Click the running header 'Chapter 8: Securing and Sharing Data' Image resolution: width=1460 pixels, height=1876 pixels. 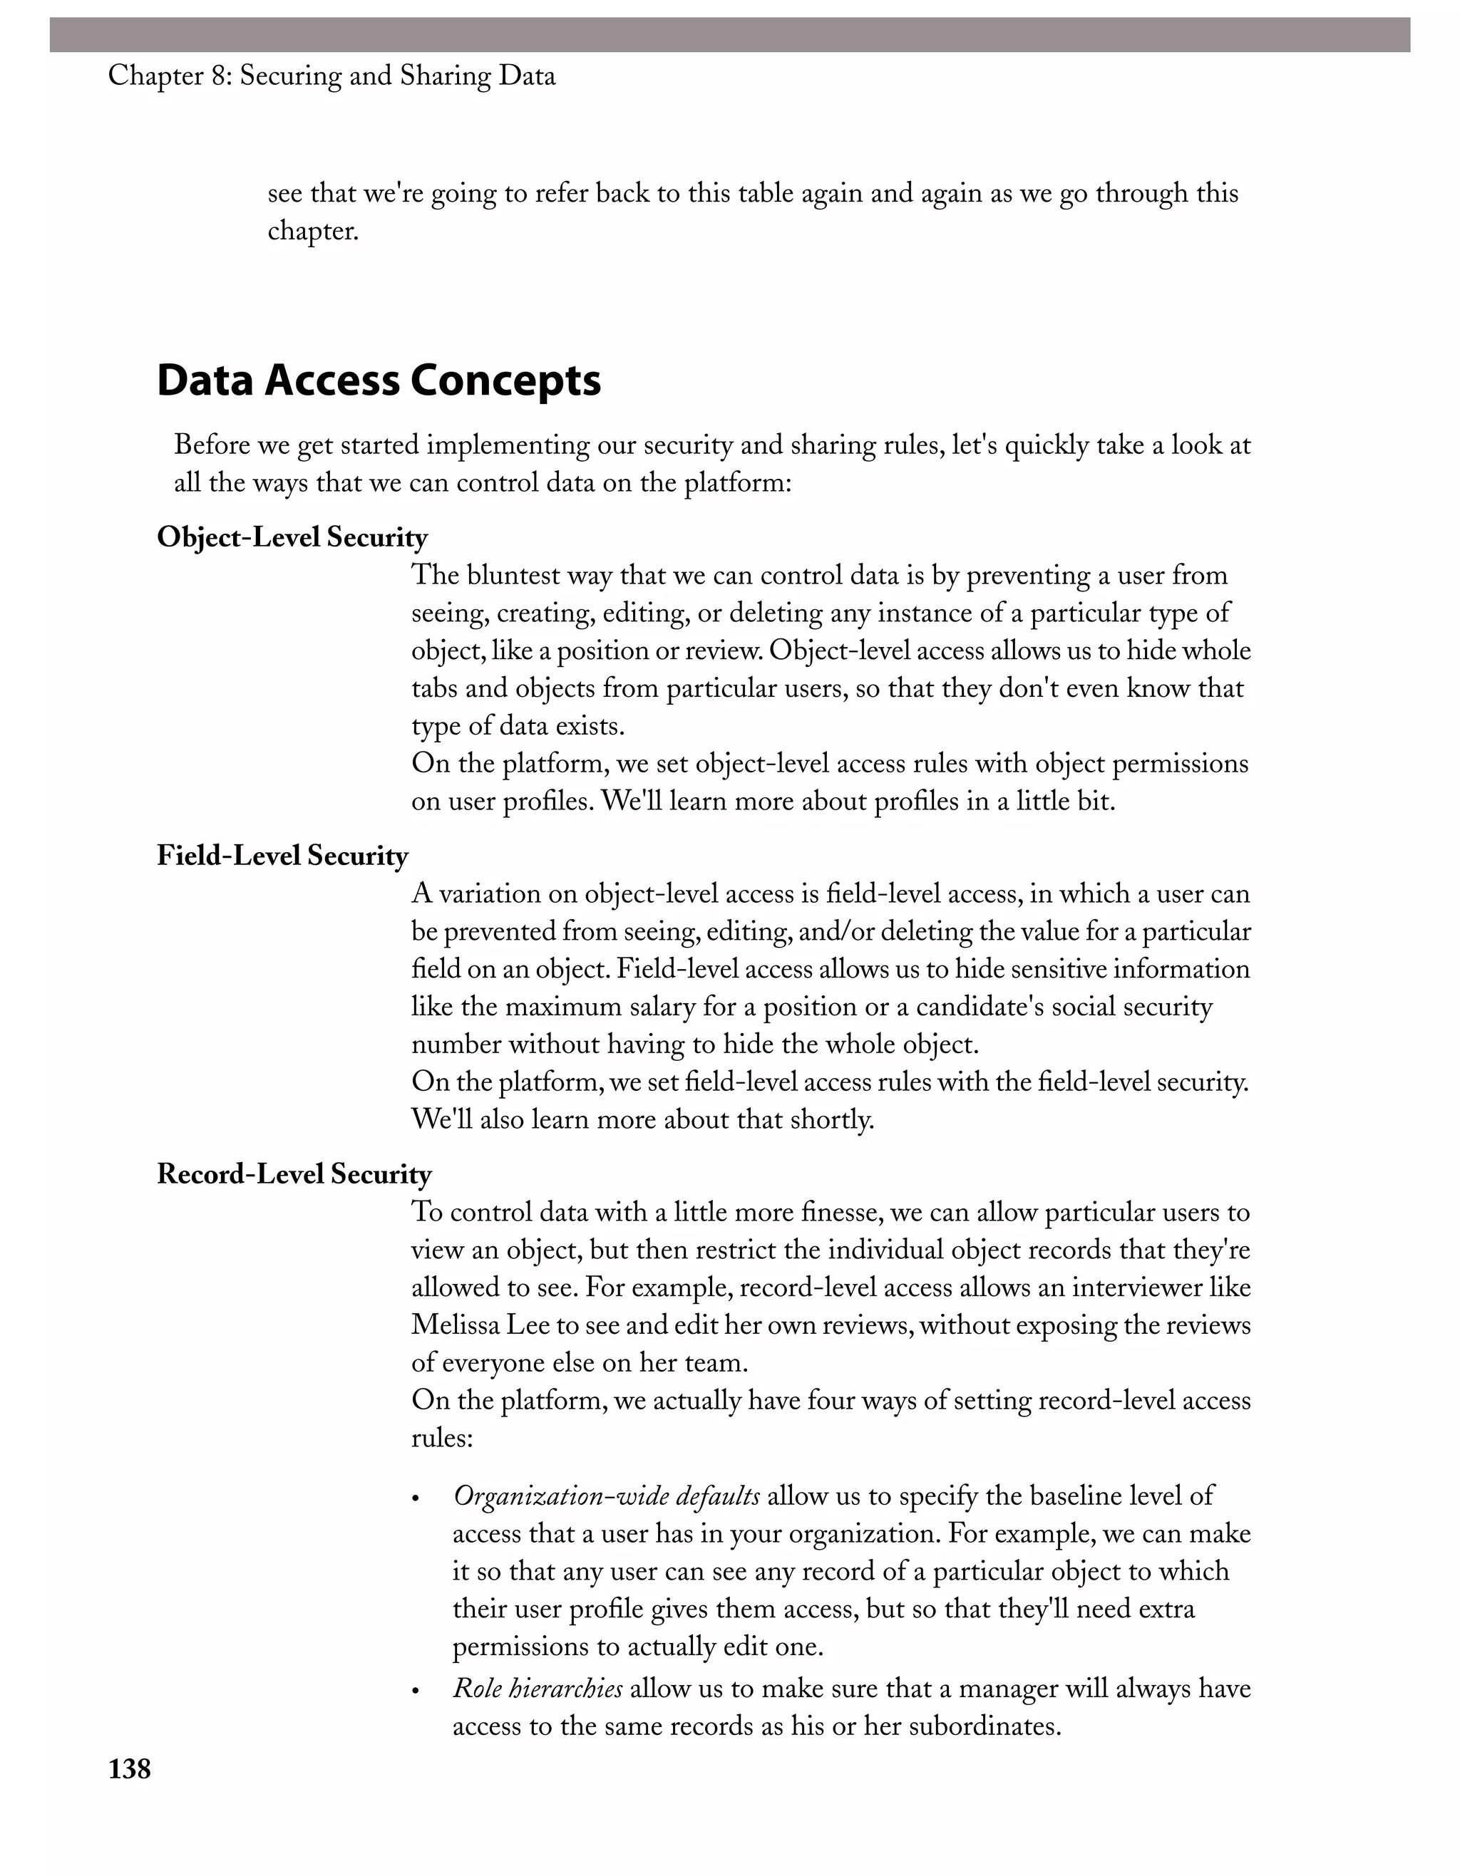tap(331, 76)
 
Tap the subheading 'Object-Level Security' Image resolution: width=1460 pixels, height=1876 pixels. tap(292, 538)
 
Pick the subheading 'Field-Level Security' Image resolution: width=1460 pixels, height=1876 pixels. tap(282, 856)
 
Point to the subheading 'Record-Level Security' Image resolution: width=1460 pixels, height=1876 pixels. tap(294, 1174)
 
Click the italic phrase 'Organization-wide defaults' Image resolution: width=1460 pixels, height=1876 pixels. tap(606, 1496)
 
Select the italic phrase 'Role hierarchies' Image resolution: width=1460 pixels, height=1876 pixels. tap(537, 1688)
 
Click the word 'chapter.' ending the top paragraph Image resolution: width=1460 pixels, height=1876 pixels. tap(313, 231)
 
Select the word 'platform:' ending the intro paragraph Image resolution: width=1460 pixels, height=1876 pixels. tap(737, 484)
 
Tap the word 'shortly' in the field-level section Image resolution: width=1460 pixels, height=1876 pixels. tap(828, 1120)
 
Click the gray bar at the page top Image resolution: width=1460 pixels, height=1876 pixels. tap(729, 35)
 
